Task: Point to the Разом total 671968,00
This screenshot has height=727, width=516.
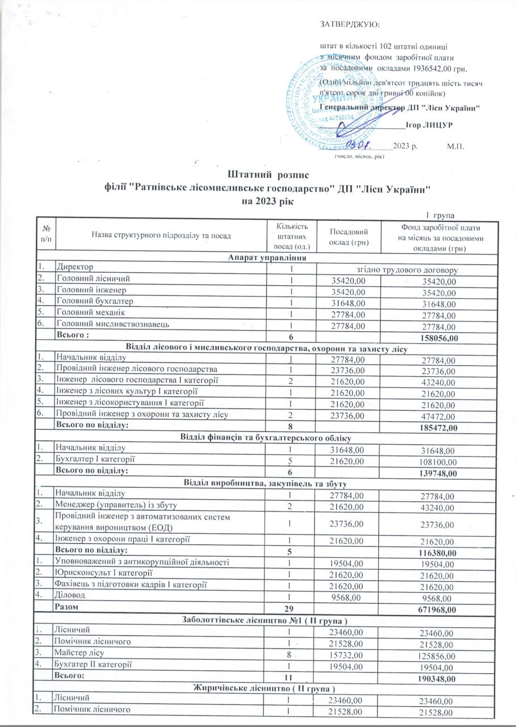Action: [435, 609]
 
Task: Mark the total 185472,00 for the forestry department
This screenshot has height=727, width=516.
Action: [435, 427]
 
